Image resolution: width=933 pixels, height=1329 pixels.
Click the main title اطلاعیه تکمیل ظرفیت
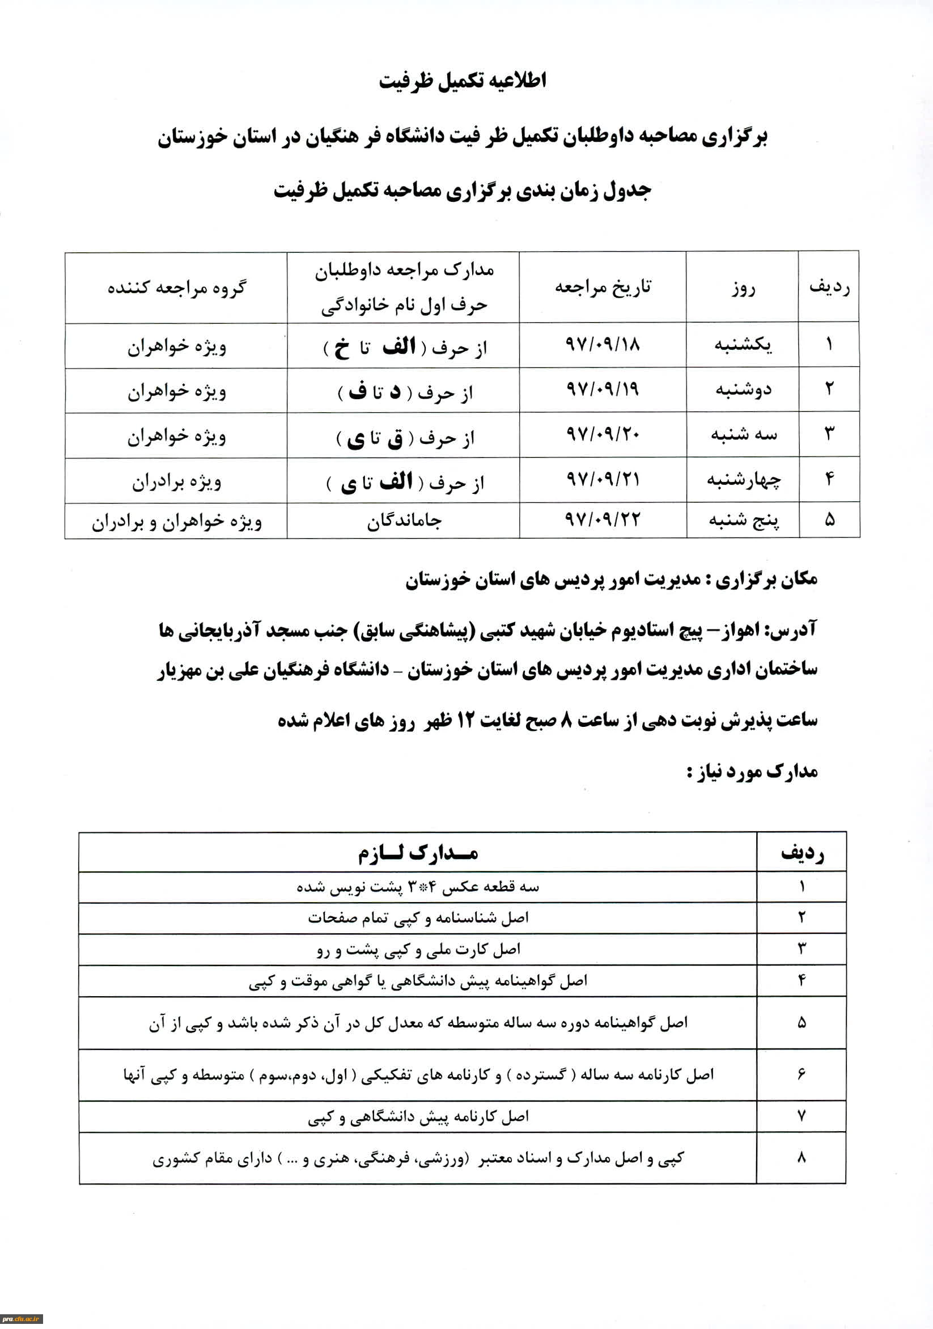[463, 81]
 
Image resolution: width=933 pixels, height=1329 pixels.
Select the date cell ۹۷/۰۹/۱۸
[602, 345]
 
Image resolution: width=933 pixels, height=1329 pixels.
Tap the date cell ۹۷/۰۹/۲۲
[602, 520]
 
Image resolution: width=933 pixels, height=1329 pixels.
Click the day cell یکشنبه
[743, 345]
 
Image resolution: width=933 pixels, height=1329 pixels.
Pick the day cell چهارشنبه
[743, 480]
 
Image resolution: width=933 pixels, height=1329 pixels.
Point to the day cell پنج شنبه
[744, 520]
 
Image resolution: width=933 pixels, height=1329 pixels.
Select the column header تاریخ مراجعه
[603, 287]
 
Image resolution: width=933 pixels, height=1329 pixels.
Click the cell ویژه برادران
[176, 481]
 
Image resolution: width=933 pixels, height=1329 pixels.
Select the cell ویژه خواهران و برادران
[176, 521]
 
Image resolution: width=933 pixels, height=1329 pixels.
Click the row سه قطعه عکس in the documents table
[418, 887]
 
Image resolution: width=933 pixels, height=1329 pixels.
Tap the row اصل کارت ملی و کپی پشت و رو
[418, 950]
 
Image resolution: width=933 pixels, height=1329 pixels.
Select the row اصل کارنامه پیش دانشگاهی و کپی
[418, 1116]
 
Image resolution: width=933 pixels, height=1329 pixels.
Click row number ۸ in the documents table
[801, 1158]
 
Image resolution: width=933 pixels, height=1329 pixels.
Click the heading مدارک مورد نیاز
[752, 772]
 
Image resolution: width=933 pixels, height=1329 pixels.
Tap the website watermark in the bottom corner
[22, 1319]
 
